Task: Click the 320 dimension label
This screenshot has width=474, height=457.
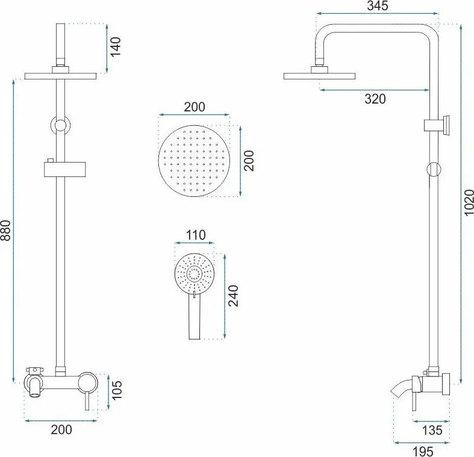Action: (x=375, y=99)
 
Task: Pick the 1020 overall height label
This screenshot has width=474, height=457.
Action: (x=469, y=202)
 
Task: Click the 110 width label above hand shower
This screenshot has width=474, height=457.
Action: (x=195, y=235)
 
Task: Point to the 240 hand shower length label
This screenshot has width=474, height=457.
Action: (x=234, y=296)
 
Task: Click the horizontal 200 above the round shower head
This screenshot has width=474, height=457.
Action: (x=194, y=107)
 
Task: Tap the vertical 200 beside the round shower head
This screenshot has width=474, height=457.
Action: (x=249, y=161)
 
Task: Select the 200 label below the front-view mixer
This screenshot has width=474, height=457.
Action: (x=61, y=429)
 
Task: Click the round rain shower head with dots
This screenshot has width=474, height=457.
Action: (x=194, y=161)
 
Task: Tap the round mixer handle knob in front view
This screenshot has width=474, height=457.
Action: (x=88, y=381)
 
